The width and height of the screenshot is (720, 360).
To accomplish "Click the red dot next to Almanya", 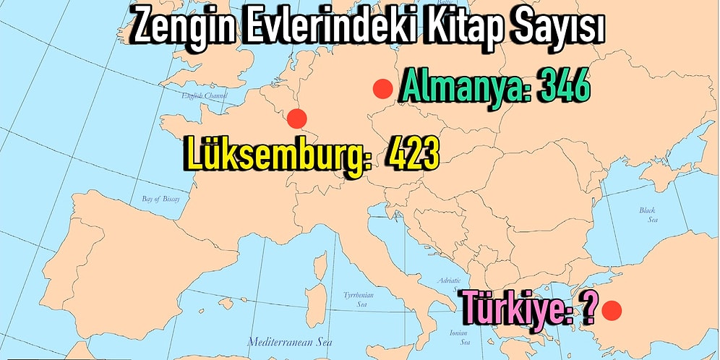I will [x=382, y=89].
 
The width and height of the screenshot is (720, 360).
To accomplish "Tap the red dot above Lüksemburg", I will [x=296, y=118].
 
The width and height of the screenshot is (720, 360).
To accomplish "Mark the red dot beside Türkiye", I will [x=612, y=311].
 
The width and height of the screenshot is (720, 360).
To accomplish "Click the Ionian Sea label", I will [x=460, y=337].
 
